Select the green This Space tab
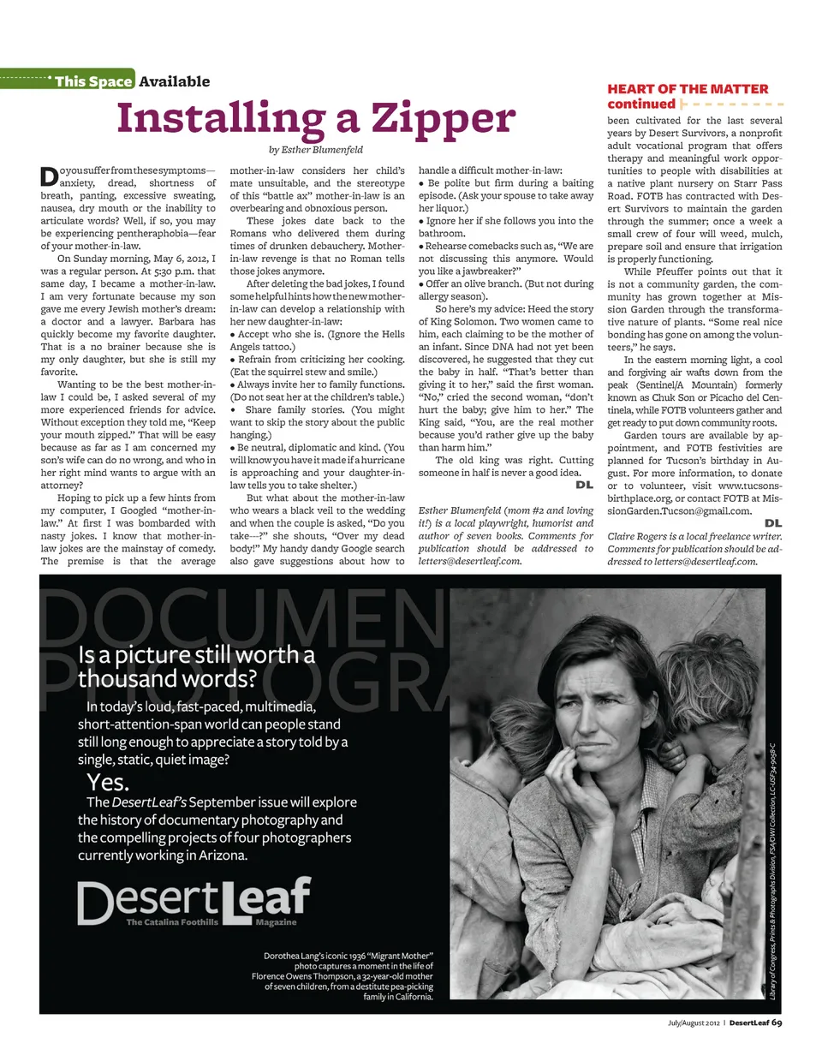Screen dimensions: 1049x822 click(92, 81)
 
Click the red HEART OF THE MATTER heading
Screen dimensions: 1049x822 click(688, 89)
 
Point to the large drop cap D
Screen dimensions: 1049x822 click(48, 176)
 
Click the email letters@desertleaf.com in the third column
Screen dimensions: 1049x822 click(469, 561)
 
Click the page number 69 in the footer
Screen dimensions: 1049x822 click(776, 1022)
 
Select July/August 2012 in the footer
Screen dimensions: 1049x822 click(694, 1022)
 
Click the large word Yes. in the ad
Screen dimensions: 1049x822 click(108, 782)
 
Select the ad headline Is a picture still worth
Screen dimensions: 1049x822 click(196, 657)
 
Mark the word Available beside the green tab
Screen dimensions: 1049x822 click(174, 81)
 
